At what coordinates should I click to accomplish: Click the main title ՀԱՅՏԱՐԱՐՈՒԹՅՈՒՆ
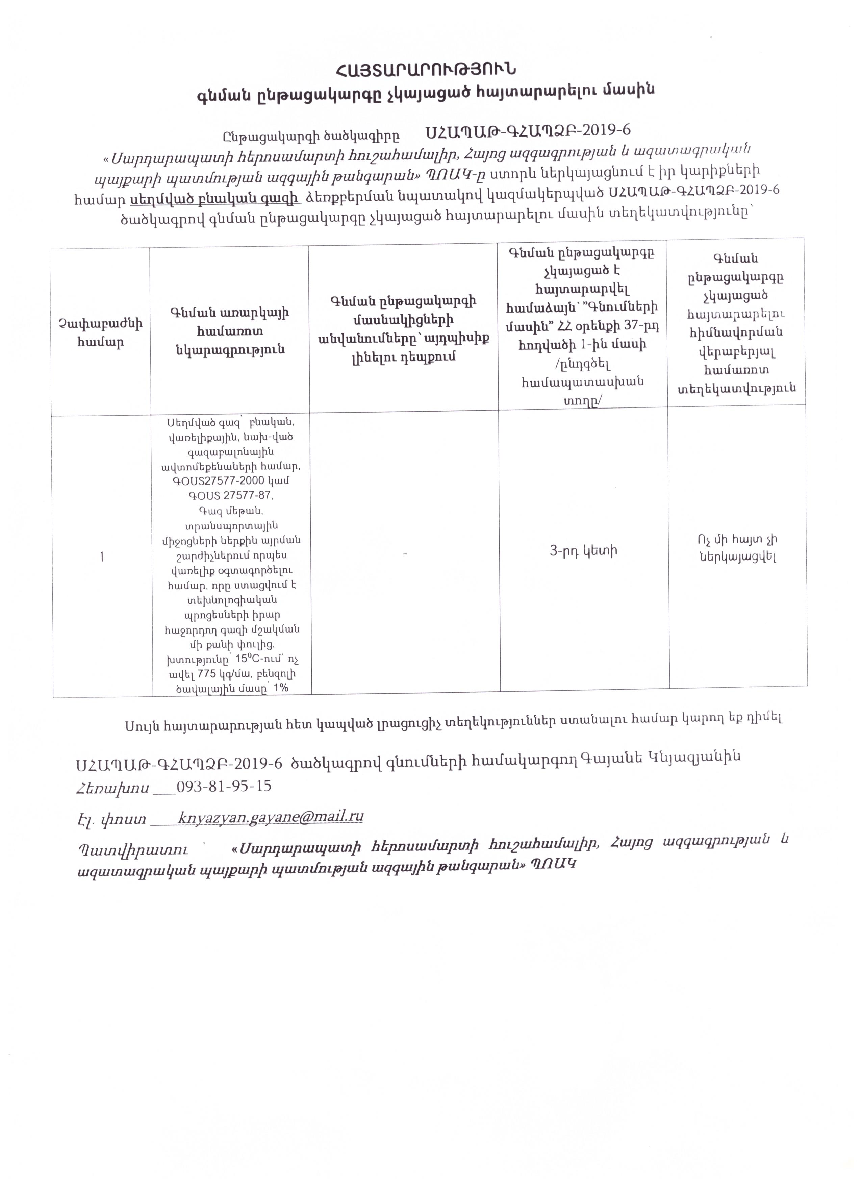click(426, 69)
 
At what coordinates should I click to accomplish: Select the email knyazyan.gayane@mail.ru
click(270, 816)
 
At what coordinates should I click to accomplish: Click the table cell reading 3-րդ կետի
click(583, 550)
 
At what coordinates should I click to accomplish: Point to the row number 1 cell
click(102, 557)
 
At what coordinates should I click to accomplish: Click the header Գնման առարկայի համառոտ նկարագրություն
click(229, 331)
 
